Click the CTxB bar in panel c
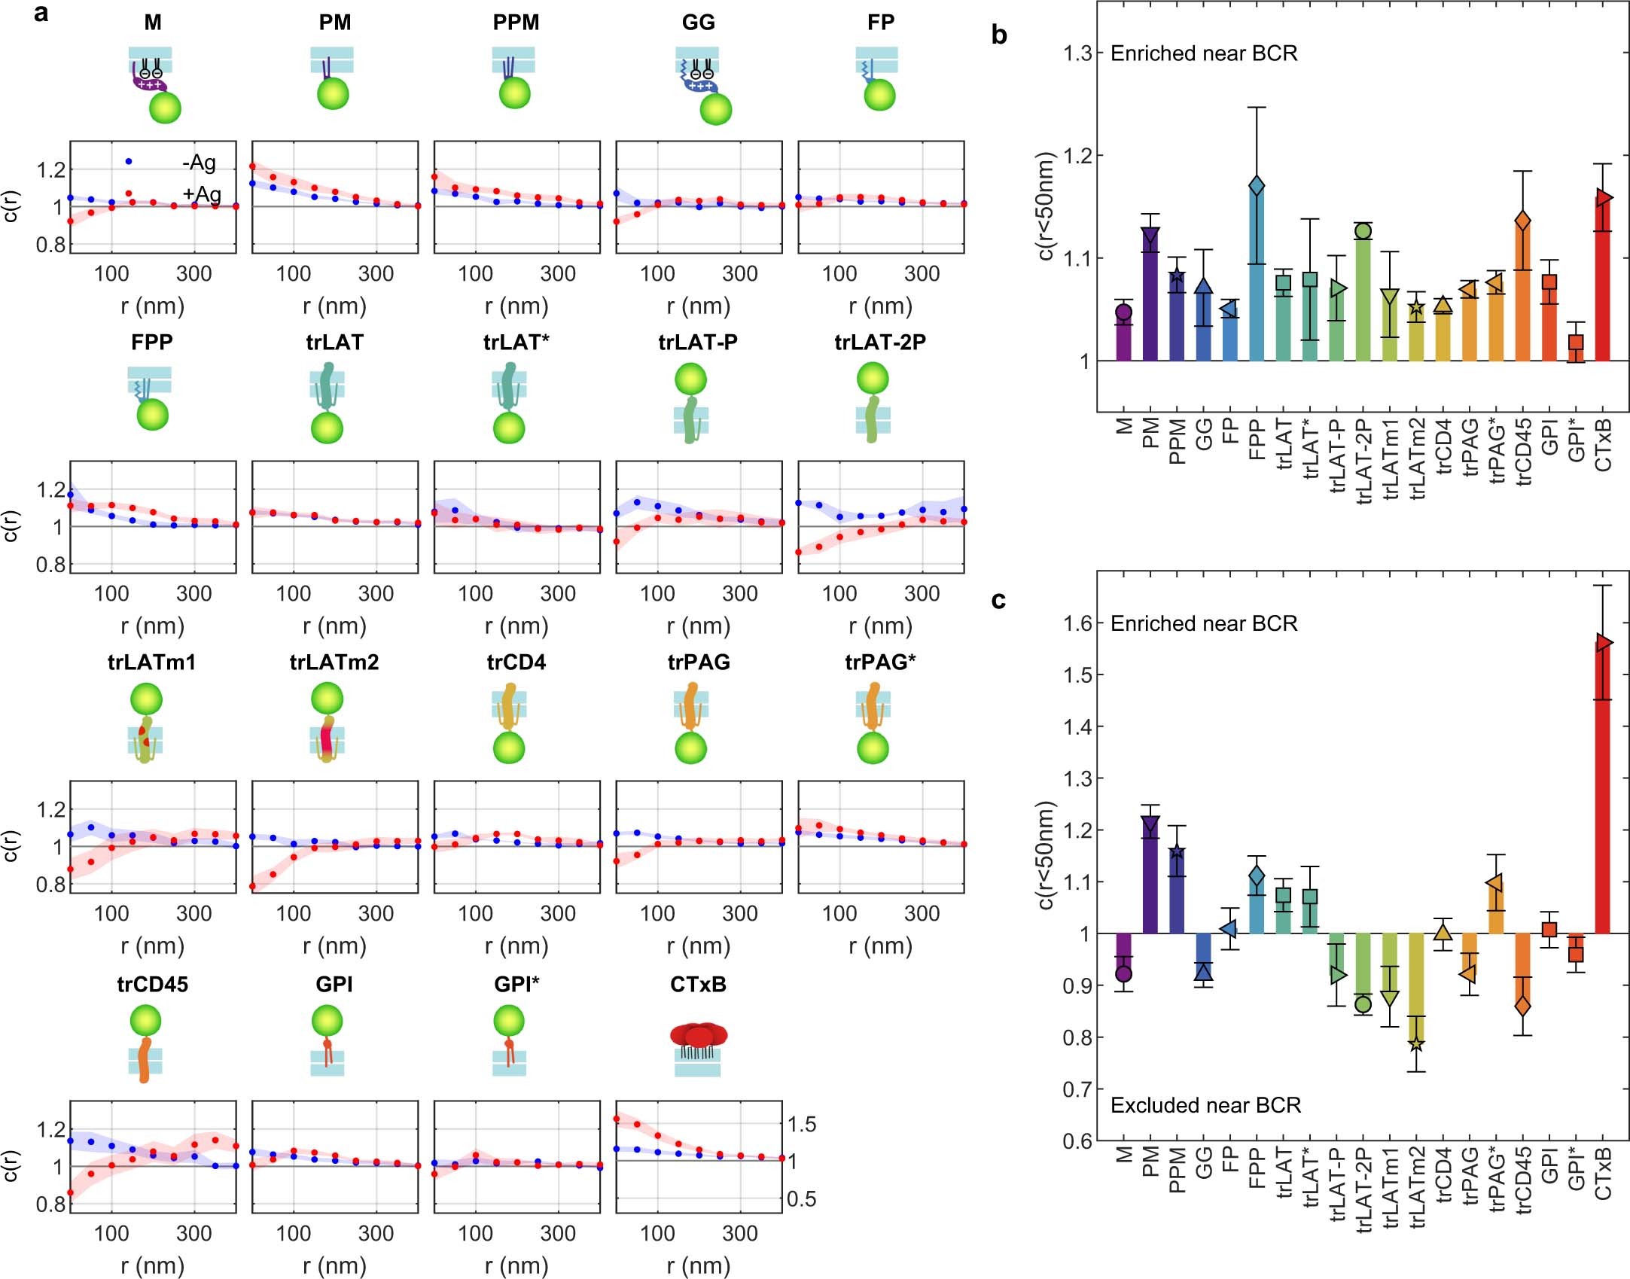(x=1603, y=790)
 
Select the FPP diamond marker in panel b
(x=1256, y=185)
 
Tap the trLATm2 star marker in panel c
(x=1416, y=1043)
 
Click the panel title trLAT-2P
(x=880, y=342)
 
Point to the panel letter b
(x=998, y=35)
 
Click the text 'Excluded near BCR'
(x=1205, y=1105)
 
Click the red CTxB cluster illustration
(x=699, y=1036)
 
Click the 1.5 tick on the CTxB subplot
(x=801, y=1124)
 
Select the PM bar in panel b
(x=1150, y=297)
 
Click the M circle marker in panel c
(x=1123, y=973)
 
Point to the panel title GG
(x=698, y=22)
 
